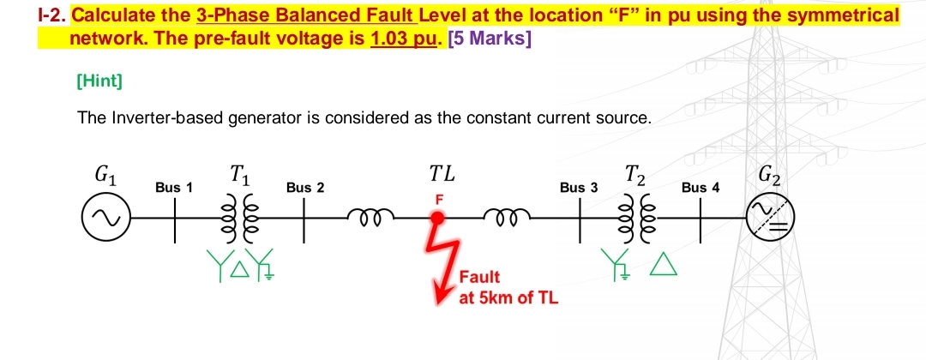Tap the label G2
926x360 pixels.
tap(769, 177)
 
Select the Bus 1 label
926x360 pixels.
tap(174, 187)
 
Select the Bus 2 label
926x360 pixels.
tap(305, 187)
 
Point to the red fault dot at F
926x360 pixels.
tap(437, 218)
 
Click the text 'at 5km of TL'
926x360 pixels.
tap(508, 297)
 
